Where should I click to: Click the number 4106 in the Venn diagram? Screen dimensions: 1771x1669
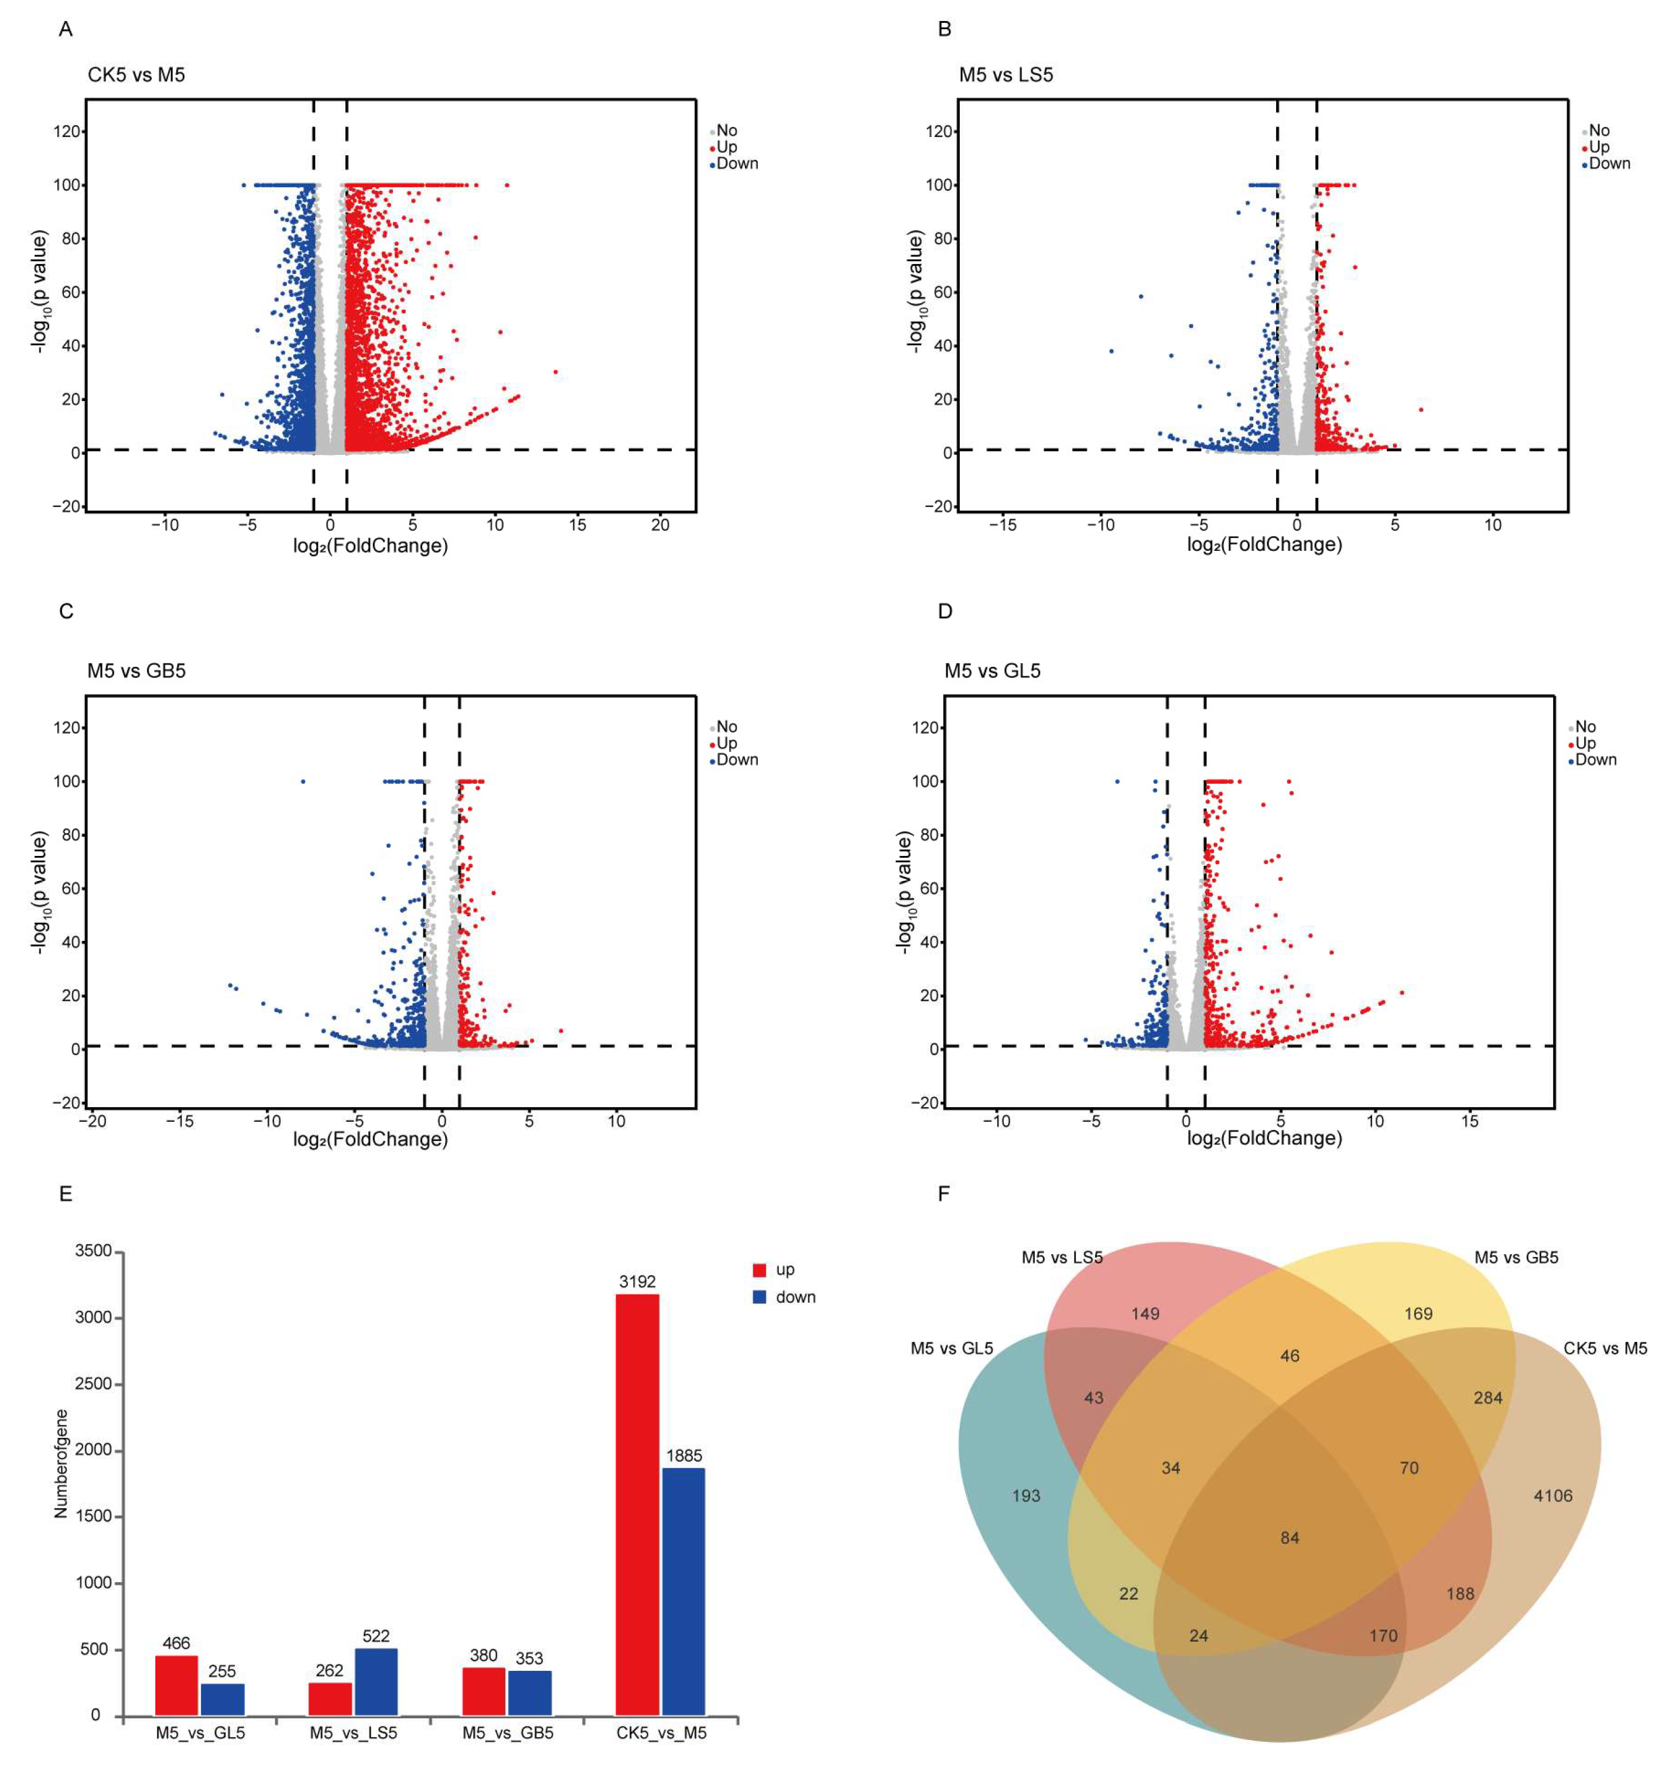(x=1552, y=1496)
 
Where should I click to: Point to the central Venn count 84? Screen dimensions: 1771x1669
(x=1290, y=1537)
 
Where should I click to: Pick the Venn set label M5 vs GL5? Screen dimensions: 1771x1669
(x=952, y=1349)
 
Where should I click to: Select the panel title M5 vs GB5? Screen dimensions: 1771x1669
(x=136, y=671)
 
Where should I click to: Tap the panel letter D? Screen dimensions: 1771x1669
(x=945, y=611)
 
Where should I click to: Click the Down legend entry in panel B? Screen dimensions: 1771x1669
(x=1609, y=163)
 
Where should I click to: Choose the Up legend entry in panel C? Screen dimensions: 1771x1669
(x=726, y=743)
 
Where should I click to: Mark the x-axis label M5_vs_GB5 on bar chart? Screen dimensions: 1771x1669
(x=508, y=1733)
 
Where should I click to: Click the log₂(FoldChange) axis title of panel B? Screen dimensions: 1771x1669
(x=1264, y=544)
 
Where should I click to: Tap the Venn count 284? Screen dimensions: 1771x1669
(x=1487, y=1397)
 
